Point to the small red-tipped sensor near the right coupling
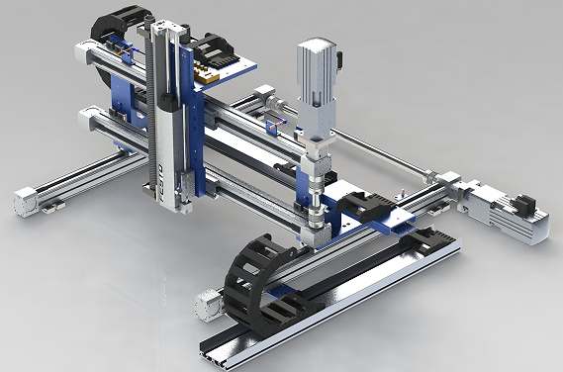404,191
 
